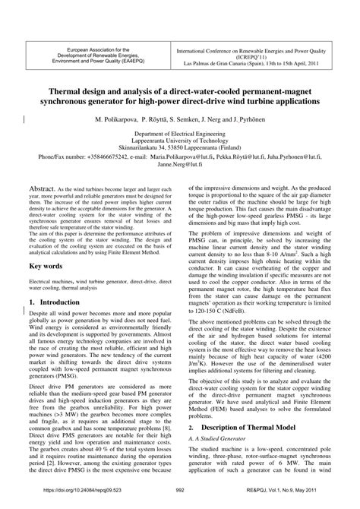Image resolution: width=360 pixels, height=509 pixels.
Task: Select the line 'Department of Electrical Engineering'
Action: coord(180,131)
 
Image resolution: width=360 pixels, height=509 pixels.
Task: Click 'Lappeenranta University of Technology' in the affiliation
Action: coord(180,139)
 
